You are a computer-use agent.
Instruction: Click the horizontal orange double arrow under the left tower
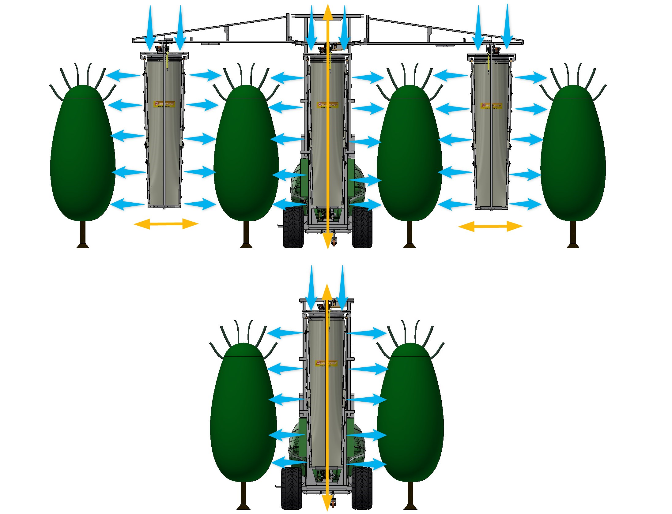click(x=166, y=224)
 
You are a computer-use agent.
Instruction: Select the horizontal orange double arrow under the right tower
click(x=490, y=227)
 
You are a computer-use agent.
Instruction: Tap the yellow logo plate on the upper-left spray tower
click(x=164, y=104)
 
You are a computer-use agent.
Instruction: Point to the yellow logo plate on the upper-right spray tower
click(x=491, y=106)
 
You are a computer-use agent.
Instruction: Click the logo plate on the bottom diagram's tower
click(x=326, y=363)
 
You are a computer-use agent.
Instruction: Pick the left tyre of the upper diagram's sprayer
click(x=293, y=227)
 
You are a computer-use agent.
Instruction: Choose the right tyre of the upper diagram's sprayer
click(x=362, y=227)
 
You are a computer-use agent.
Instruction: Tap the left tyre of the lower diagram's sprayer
click(x=291, y=488)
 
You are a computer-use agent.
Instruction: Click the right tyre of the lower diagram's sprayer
click(x=362, y=488)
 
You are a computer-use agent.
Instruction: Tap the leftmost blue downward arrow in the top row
click(x=150, y=28)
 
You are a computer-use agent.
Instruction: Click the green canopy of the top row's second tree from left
click(x=246, y=153)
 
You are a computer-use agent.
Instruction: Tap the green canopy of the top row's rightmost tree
click(x=573, y=153)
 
